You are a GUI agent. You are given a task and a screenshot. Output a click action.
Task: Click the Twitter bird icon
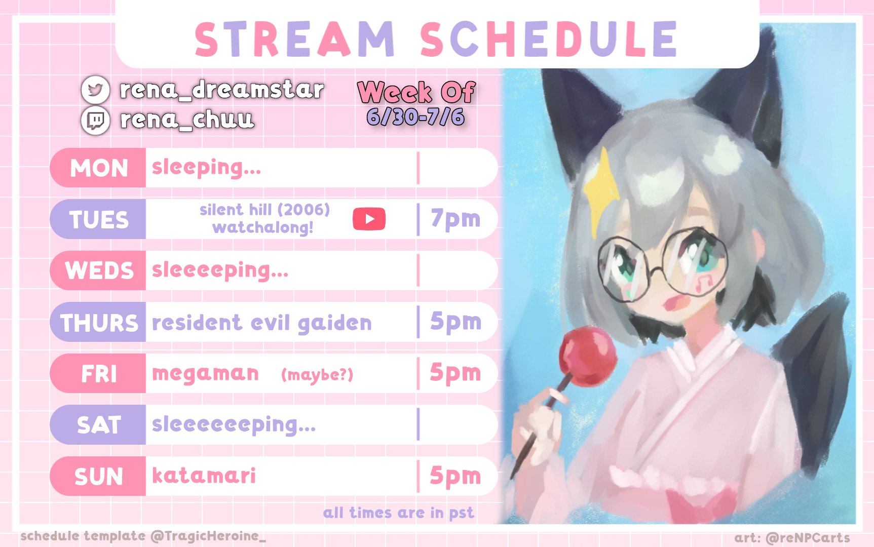point(95,90)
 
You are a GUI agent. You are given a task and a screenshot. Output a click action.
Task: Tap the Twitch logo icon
point(95,120)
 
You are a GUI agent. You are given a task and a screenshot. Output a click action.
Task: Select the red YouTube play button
point(369,219)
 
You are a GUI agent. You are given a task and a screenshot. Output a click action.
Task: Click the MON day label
point(99,168)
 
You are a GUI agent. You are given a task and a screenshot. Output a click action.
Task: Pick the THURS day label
point(99,323)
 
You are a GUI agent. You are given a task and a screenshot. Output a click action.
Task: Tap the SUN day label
point(99,477)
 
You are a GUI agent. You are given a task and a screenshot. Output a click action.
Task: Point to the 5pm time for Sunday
point(455,476)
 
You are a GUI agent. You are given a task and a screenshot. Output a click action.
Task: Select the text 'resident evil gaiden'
point(262,323)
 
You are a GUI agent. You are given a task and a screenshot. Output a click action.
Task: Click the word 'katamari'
point(204,475)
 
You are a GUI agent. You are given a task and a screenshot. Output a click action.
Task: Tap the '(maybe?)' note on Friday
point(317,375)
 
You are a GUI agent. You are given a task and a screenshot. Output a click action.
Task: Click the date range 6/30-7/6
point(415,117)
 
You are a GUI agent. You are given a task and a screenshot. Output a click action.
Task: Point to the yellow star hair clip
point(601,182)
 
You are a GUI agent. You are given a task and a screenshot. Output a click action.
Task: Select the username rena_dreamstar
point(221,90)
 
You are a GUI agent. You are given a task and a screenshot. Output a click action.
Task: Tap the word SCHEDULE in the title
point(549,39)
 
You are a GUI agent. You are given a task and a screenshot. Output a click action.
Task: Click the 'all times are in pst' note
point(399,513)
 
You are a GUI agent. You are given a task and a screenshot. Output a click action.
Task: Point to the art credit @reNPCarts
point(808,537)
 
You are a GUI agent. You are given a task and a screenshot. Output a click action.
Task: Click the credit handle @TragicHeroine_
point(208,536)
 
